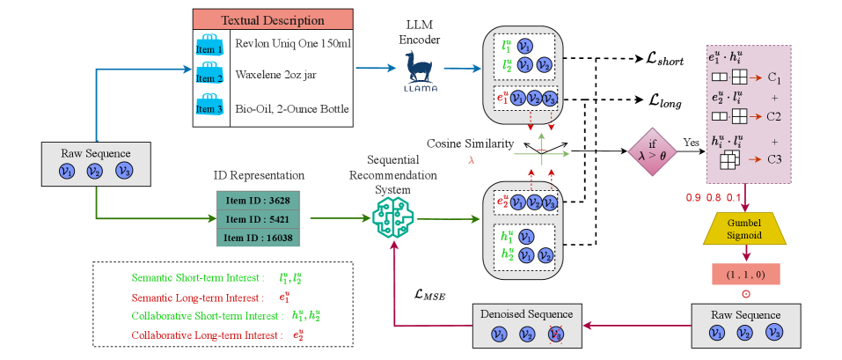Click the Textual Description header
click(273, 20)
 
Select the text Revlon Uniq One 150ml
click(293, 43)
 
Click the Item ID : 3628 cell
click(258, 201)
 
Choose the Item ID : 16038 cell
click(258, 237)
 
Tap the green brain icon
click(393, 218)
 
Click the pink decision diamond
click(653, 152)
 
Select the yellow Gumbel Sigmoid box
click(743, 228)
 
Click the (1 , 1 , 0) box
click(745, 274)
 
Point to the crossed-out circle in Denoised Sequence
click(554, 334)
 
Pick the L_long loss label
click(663, 100)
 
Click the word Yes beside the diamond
click(691, 143)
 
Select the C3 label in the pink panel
click(773, 158)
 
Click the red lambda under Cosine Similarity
click(472, 160)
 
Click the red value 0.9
click(693, 197)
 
